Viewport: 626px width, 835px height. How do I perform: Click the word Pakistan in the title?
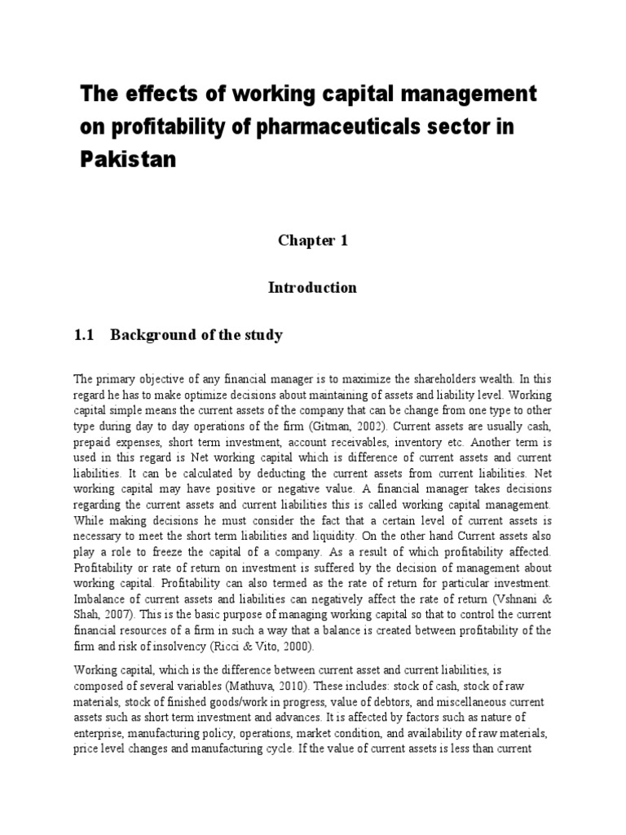127,158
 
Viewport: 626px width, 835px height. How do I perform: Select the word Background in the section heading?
148,335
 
